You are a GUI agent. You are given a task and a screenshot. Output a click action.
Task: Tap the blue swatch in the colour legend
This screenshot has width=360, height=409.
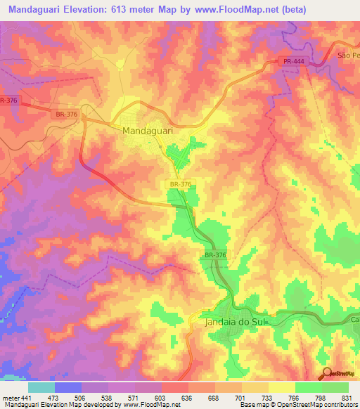[x=68, y=387]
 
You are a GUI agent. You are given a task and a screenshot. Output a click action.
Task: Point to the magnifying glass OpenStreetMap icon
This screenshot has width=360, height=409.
[x=328, y=374]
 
